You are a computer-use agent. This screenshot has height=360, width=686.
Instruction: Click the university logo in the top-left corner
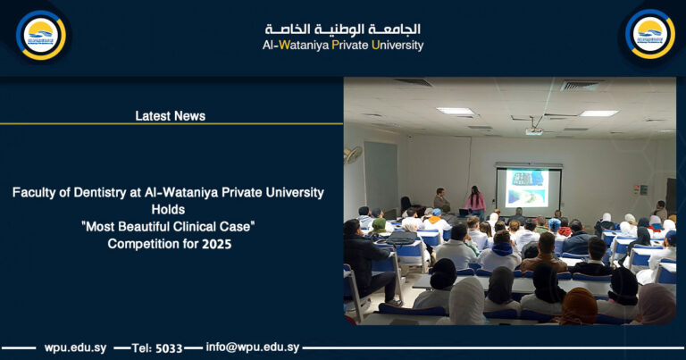pyautogui.click(x=41, y=35)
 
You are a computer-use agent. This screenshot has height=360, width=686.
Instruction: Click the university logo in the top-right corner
pyautogui.click(x=649, y=35)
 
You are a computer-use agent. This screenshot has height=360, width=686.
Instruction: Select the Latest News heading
pyautogui.click(x=171, y=116)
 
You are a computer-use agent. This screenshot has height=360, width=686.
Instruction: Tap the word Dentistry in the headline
pyautogui.click(x=101, y=193)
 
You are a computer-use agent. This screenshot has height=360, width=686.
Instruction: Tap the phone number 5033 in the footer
pyautogui.click(x=169, y=347)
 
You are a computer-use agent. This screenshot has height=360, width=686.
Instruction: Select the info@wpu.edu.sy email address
pyautogui.click(x=253, y=347)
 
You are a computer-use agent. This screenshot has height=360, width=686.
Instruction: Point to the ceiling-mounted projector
pyautogui.click(x=534, y=130)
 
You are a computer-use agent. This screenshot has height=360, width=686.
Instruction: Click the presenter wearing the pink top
pyautogui.click(x=476, y=202)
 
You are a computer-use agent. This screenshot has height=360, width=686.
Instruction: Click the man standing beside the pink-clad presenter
pyautogui.click(x=441, y=202)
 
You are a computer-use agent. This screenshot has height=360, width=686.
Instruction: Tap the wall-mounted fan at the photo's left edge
pyautogui.click(x=352, y=154)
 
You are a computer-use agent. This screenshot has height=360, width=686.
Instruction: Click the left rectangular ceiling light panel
pyautogui.click(x=456, y=111)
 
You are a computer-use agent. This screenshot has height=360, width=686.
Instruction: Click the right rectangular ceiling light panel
pyautogui.click(x=598, y=113)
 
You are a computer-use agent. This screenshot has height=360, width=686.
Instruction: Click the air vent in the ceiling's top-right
pyautogui.click(x=581, y=86)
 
